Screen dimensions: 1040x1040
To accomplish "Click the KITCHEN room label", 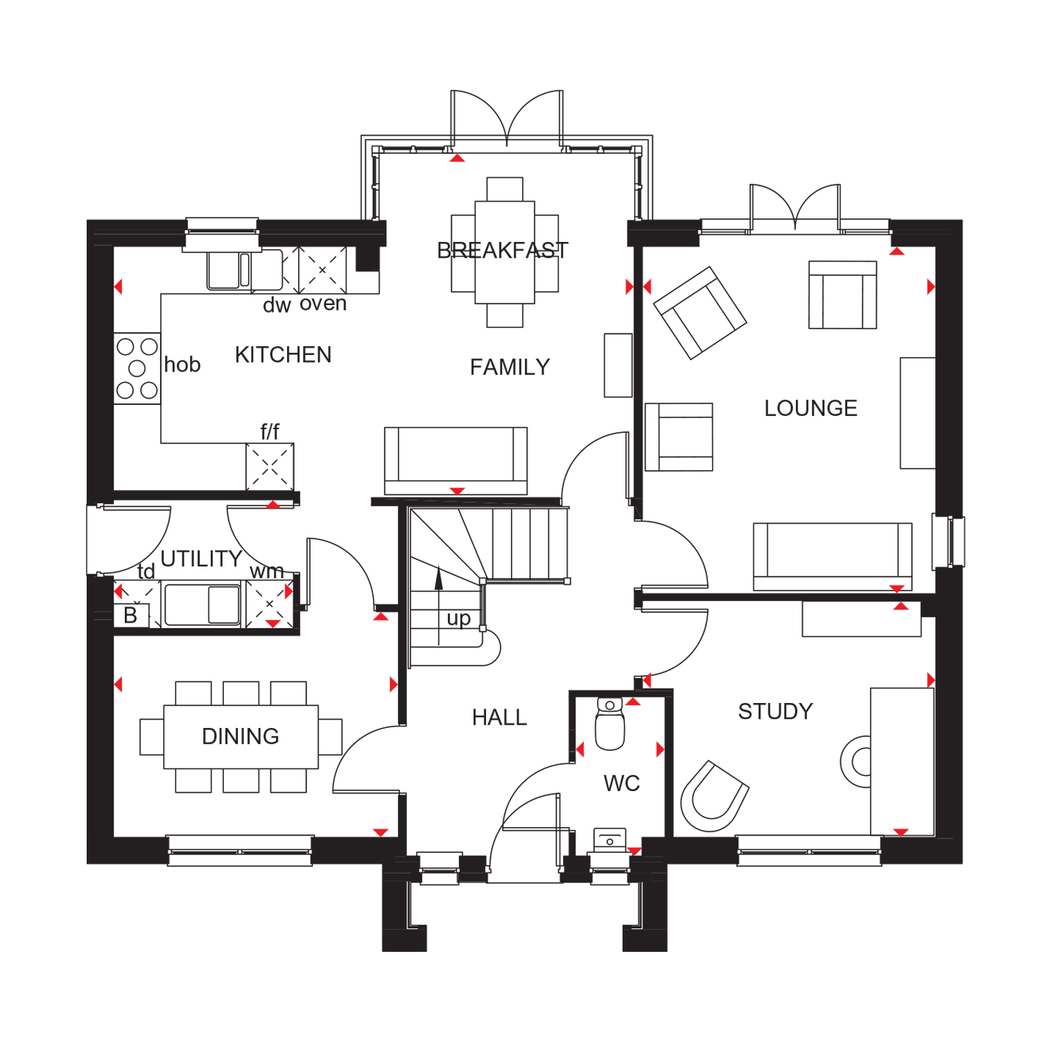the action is (283, 355).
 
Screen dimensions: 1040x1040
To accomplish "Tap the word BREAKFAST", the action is (503, 250).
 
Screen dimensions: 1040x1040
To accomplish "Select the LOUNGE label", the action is (811, 408).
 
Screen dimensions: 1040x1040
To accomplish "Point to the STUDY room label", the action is (775, 711).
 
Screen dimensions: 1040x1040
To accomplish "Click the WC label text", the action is (621, 783).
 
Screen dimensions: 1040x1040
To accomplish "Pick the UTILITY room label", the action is (201, 559).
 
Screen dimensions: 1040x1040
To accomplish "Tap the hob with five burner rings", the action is (137, 368).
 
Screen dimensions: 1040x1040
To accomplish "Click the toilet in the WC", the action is (610, 724).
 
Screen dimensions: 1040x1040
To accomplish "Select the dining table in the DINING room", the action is (241, 736).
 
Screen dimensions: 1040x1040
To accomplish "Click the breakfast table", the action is (505, 252).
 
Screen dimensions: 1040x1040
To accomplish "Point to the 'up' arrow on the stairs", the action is (439, 607).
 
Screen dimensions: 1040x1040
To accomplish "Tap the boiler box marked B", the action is (131, 616).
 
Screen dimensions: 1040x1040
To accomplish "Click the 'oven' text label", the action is (323, 304).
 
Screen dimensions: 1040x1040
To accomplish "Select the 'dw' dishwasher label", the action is (277, 305).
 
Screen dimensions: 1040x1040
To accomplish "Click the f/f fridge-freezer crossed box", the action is (270, 467).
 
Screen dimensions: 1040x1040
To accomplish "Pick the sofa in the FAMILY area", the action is (456, 460).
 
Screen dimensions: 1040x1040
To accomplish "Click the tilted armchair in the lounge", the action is (700, 313).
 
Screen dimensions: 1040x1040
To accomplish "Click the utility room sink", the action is (202, 605).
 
